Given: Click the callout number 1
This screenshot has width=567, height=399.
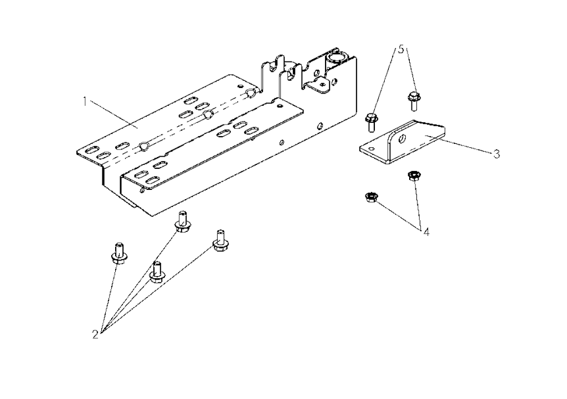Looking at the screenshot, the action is (85, 102).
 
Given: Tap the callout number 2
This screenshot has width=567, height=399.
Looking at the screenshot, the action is (95, 334).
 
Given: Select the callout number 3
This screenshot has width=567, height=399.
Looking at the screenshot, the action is (497, 154).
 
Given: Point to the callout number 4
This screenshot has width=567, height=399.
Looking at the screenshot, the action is (426, 232).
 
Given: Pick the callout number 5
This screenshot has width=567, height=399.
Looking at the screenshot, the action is (401, 49).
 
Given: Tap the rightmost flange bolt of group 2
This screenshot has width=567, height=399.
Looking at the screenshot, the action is (219, 241).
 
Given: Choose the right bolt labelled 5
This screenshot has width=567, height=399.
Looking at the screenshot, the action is (414, 101).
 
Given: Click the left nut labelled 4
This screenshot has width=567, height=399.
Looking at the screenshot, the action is (371, 198).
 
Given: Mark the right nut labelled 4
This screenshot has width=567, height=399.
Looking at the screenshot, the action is (413, 176).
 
